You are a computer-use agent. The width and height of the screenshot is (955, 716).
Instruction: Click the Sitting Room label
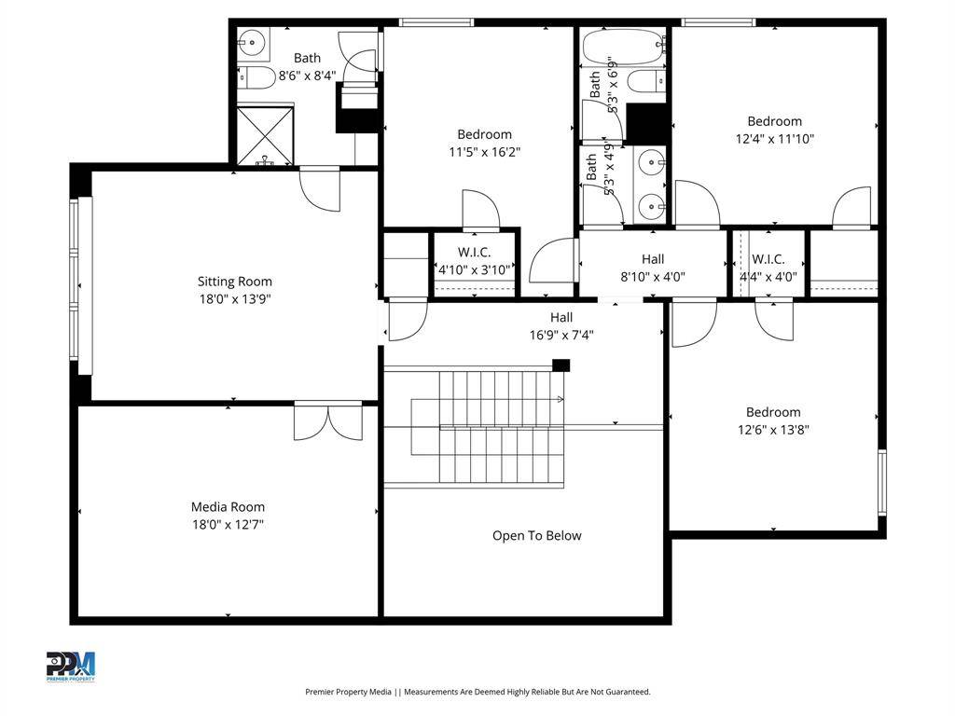[234, 282]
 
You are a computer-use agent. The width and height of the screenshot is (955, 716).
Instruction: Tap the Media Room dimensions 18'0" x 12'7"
[228, 524]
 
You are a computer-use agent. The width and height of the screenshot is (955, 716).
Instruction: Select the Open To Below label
[536, 536]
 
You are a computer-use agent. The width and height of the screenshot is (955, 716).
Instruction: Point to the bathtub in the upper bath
[622, 48]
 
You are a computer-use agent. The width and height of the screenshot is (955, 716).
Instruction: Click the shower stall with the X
[265, 136]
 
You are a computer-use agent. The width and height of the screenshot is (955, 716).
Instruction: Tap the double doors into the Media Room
[328, 420]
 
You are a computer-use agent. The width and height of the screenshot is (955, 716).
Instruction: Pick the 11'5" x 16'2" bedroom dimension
[485, 152]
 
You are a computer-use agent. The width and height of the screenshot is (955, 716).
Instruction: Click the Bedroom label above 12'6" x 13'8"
[773, 412]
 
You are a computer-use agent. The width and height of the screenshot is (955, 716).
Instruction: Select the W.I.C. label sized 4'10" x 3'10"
[474, 252]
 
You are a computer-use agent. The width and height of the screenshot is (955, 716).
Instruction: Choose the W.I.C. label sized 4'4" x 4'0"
[768, 259]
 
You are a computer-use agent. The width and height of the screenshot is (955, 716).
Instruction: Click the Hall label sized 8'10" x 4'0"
[652, 259]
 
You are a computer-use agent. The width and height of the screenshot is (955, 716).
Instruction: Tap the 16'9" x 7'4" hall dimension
[561, 335]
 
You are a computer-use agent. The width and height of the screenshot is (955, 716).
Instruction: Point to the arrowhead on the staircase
[560, 399]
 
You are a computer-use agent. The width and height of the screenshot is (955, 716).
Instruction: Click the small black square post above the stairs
[561, 365]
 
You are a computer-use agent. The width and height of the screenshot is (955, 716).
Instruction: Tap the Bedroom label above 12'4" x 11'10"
[775, 121]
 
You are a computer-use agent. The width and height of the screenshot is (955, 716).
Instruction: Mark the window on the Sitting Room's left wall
[82, 285]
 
